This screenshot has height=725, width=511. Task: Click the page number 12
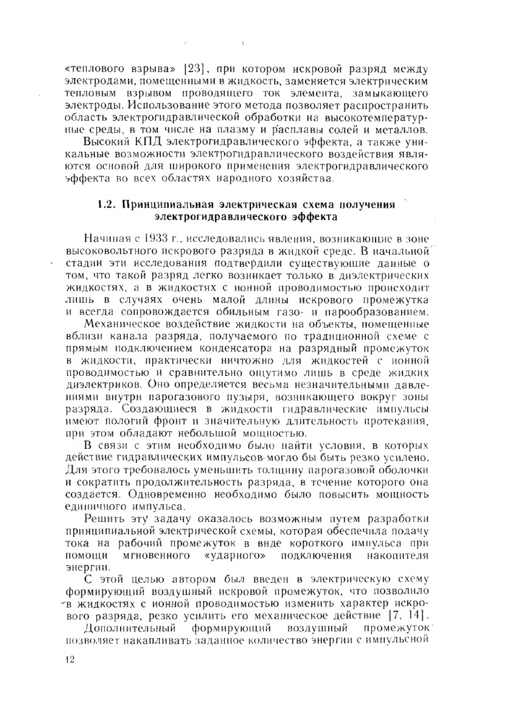(71, 660)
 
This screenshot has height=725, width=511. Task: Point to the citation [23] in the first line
(194, 69)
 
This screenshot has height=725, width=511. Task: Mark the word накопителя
(398, 556)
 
